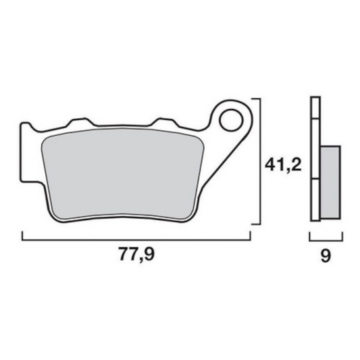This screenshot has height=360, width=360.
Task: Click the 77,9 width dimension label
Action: [x=137, y=256]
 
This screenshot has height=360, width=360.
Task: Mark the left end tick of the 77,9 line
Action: [x=22, y=235]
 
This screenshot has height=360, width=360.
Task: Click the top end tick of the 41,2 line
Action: [x=256, y=99]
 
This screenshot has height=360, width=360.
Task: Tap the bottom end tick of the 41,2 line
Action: [x=256, y=223]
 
